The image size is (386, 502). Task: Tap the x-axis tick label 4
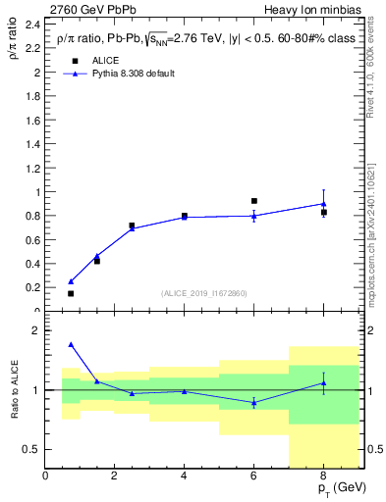point(185,477)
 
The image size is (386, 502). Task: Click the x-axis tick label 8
point(323,477)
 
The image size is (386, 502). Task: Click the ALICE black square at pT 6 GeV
point(254,201)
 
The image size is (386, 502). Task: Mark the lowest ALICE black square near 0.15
point(71,293)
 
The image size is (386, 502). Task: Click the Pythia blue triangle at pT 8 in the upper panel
point(323,204)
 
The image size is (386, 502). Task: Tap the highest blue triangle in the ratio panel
point(71,344)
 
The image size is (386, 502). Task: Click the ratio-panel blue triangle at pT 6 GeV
point(254,403)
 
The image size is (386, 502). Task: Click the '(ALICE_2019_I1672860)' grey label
point(204,293)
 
